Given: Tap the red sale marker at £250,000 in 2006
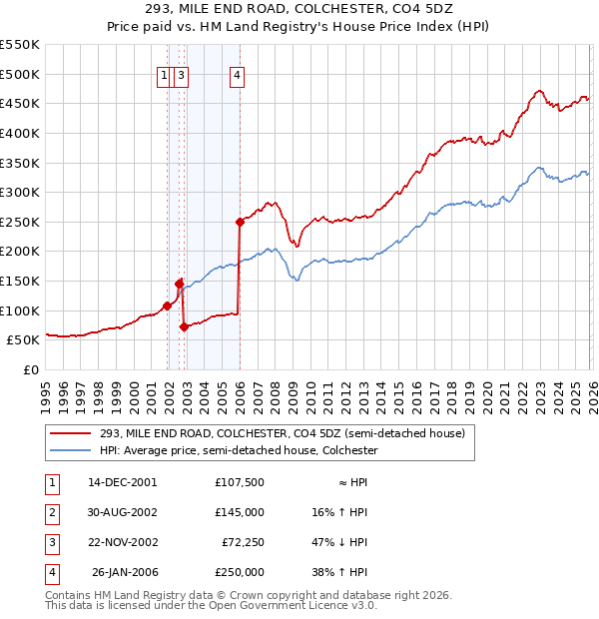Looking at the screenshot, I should pos(240,222).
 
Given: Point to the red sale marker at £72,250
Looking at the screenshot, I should pos(184,326).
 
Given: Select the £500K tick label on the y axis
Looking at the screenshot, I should pos(19,74).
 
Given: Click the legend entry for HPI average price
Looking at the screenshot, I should pos(239,451).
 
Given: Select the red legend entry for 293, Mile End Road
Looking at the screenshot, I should pos(282,434).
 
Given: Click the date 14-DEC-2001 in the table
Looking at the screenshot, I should pos(122,482).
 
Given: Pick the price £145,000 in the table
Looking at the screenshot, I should pos(240,512).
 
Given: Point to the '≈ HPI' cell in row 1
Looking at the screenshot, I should pos(350,482).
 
